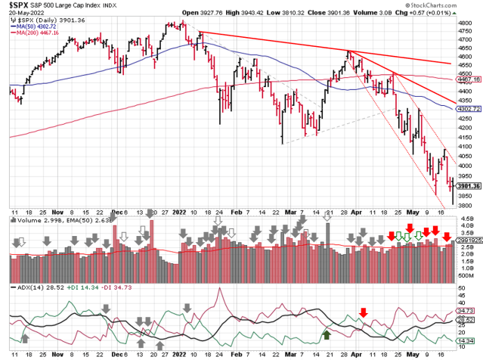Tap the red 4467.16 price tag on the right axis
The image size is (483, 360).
(x=469, y=79)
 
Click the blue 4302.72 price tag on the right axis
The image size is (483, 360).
(x=469, y=109)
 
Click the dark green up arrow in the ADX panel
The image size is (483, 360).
(x=327, y=334)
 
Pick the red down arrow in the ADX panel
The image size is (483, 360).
(x=364, y=312)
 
